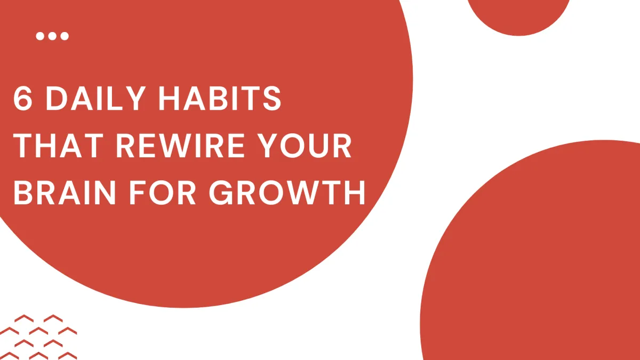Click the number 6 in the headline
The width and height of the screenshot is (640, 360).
[x=22, y=99]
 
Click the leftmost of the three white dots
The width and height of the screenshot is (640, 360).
[x=40, y=36]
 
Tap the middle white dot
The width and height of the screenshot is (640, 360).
[x=52, y=36]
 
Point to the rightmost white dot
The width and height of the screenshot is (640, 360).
[x=65, y=36]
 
